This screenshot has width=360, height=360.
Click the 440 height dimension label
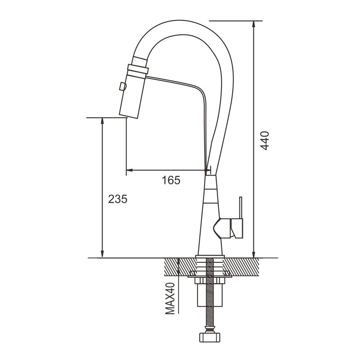pos(265,140)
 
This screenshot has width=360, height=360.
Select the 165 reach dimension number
pos(171,180)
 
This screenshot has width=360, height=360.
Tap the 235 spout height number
pos(117,199)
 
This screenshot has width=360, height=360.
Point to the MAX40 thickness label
pos(170,298)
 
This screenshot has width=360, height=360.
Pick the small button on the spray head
pos(122,86)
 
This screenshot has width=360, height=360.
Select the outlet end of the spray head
pos(129,116)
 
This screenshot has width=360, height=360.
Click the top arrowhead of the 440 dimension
pos(253,24)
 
